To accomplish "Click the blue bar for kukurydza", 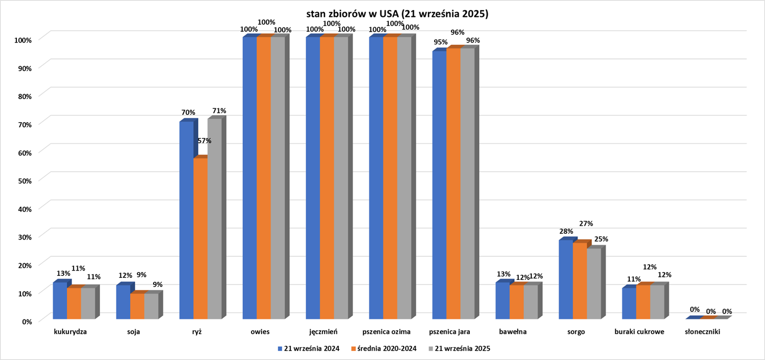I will [x=60, y=301].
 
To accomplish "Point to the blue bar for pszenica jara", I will [x=439, y=185].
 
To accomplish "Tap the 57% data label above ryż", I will [x=205, y=141].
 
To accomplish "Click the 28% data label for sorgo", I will [x=566, y=232].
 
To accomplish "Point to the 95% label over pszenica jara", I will [x=440, y=42].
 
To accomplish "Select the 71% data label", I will [x=219, y=111].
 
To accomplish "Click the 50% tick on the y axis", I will [x=25, y=180].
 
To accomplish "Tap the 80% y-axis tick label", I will [x=25, y=96].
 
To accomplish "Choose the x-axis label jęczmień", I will [x=324, y=332].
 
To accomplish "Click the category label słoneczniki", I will [x=702, y=332].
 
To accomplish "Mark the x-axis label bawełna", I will [x=512, y=332].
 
